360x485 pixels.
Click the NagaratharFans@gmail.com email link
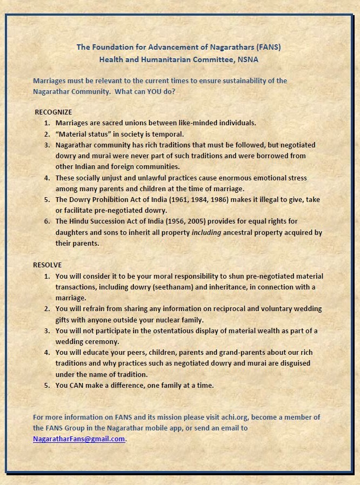(x=79, y=439)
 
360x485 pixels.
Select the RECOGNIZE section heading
(x=53, y=112)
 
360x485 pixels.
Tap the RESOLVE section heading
(x=48, y=265)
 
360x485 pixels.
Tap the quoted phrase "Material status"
(x=82, y=134)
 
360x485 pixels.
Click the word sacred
(x=105, y=123)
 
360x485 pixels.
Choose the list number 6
(x=47, y=221)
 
